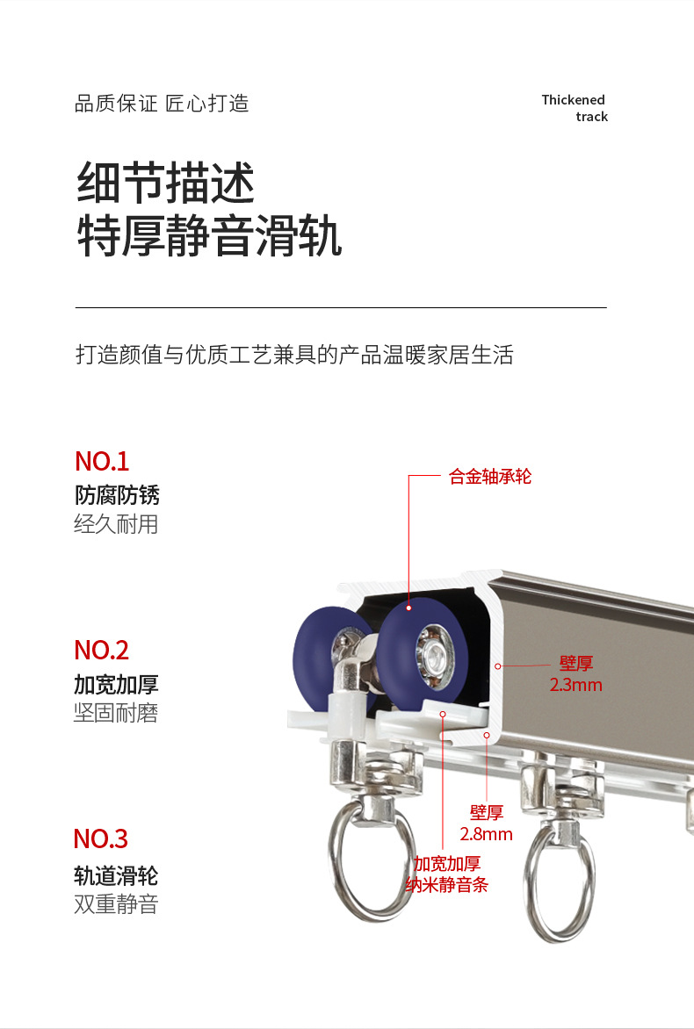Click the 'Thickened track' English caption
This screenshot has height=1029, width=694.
[x=575, y=108]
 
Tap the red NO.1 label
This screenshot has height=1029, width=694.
[x=102, y=461]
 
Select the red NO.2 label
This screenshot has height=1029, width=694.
[x=102, y=651]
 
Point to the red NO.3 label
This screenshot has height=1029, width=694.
[x=100, y=838]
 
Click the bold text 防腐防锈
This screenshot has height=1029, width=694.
[x=117, y=495]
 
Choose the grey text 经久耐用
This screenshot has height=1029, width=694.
[x=116, y=524]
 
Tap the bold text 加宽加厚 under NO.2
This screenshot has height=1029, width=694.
[x=116, y=685]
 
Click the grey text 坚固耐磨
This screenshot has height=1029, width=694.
[x=116, y=713]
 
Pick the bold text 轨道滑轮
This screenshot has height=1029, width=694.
[x=116, y=875]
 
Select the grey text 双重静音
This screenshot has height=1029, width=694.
[x=116, y=904]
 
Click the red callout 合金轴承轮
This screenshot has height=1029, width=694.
[x=490, y=477]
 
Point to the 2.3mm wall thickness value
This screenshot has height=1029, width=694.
[x=575, y=685]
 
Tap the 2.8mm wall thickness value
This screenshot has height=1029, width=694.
[x=486, y=834]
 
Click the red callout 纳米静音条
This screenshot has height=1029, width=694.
[x=446, y=885]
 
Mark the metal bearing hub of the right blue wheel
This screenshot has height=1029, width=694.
[x=433, y=652]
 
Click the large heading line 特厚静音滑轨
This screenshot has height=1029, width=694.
[x=209, y=236]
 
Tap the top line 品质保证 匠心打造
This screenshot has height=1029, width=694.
[x=162, y=104]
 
